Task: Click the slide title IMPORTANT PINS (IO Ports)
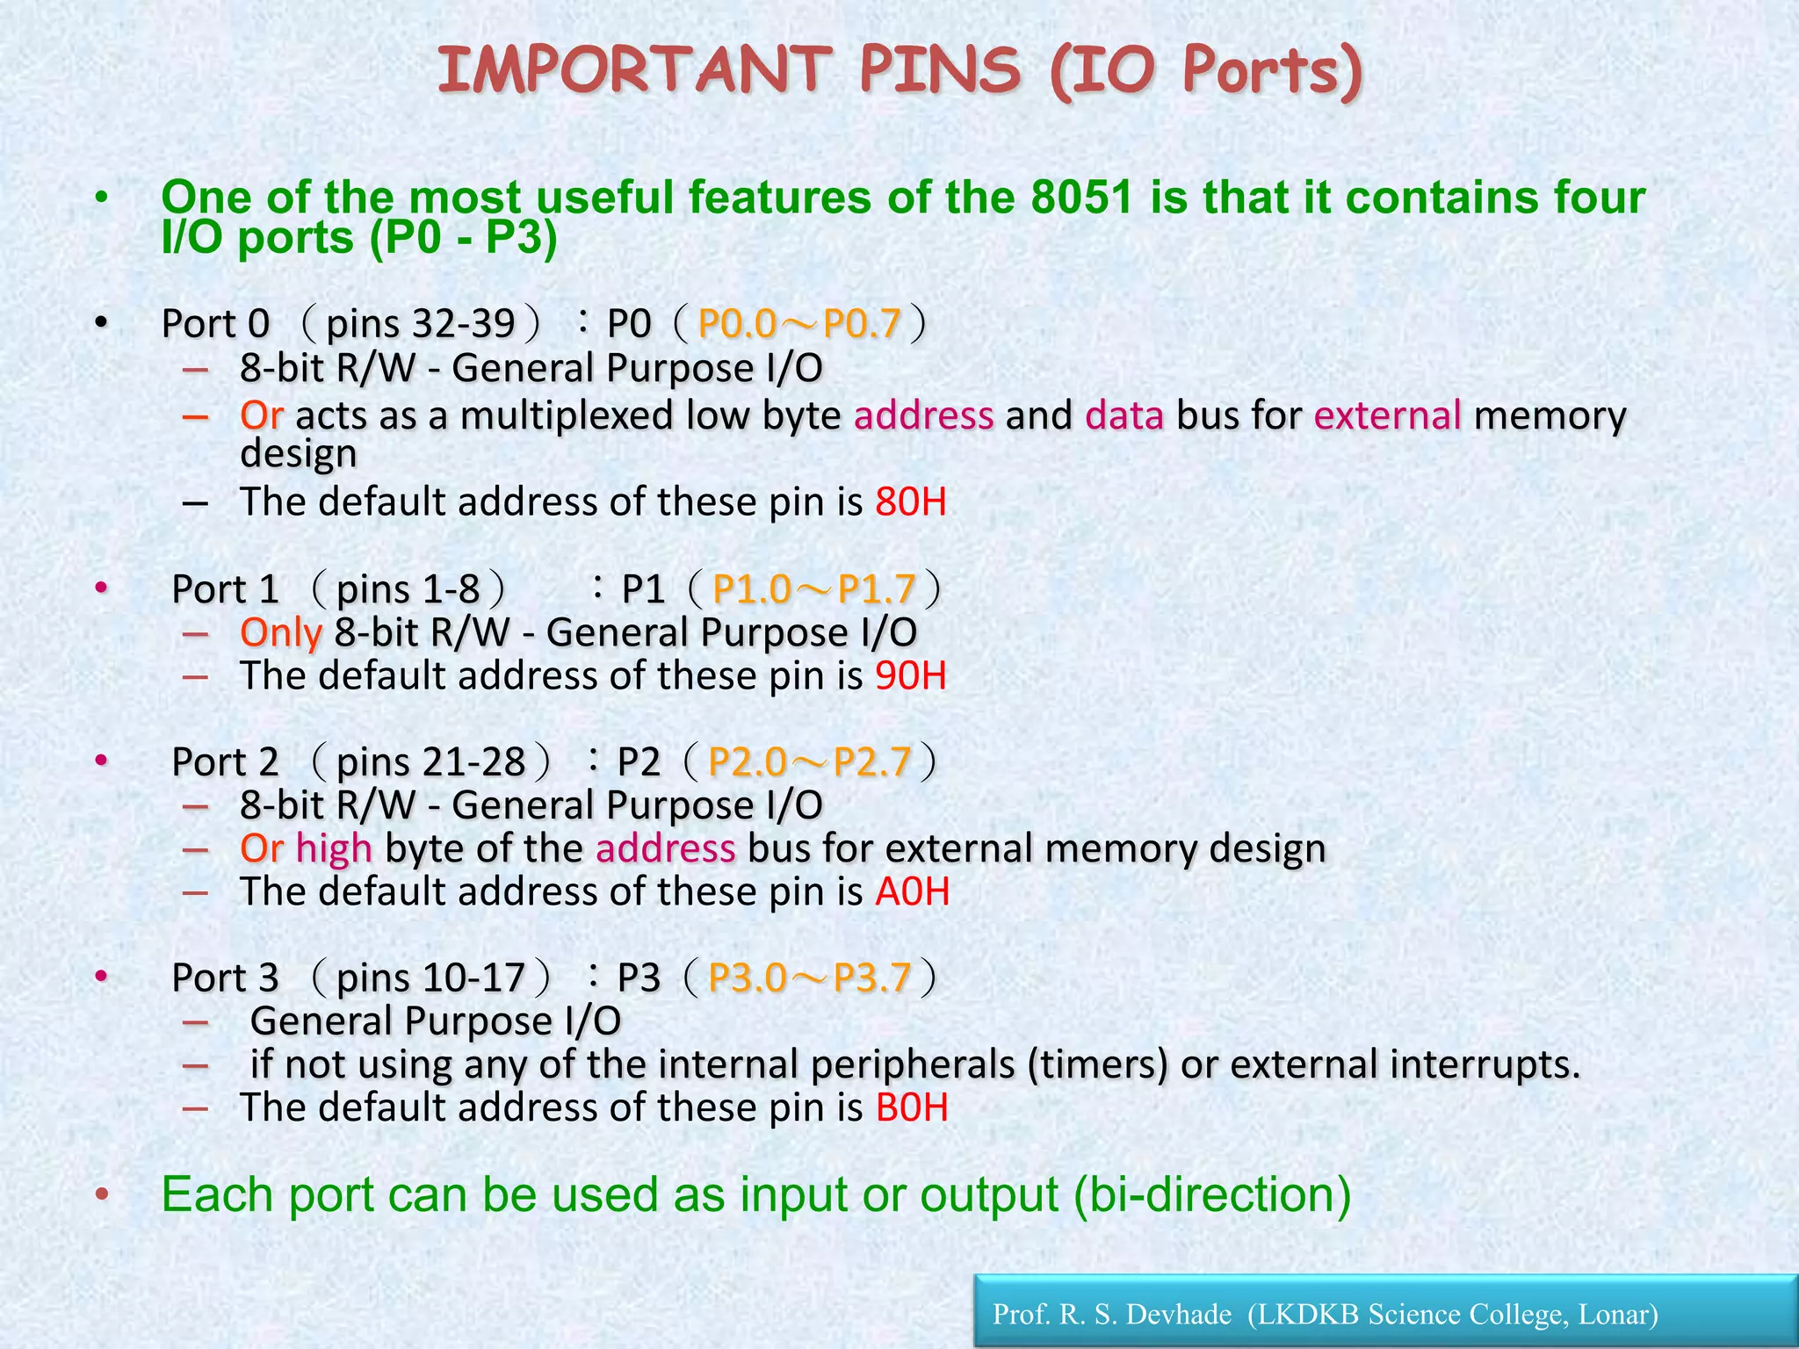899,72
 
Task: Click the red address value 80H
911,502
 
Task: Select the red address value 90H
911,676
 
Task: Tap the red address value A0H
913,892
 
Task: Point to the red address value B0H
912,1107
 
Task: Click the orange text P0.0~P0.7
799,324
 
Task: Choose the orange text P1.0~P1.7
814,589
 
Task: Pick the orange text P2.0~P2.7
809,762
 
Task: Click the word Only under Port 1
281,633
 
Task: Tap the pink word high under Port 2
334,849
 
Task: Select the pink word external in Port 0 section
1388,415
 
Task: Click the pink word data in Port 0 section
1124,415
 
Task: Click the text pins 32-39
420,324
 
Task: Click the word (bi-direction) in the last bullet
1212,1194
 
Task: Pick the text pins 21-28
430,762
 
